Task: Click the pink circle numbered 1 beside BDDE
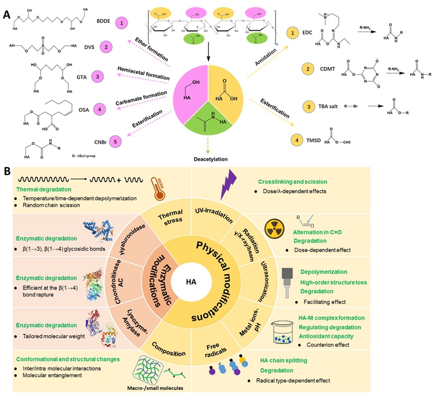pos(122,23)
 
